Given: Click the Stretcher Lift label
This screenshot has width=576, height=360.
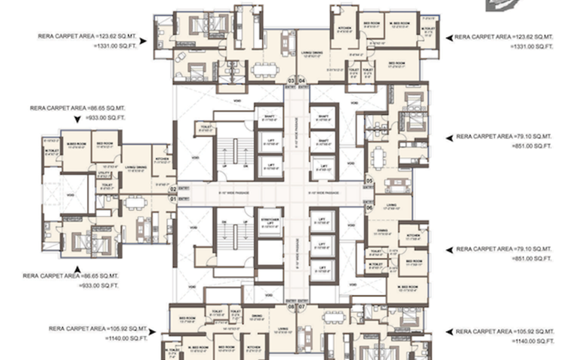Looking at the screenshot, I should pos(269,220).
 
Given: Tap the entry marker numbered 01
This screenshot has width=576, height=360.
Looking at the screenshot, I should pos(173,198).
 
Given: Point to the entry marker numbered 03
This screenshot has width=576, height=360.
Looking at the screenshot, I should pos(292,80).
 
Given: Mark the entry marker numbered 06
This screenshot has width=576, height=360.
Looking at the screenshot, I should pos(370,208).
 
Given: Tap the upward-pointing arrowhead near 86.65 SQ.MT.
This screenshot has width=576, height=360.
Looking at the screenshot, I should pos(76,269).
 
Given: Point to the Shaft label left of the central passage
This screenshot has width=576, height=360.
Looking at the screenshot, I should pos(269,118).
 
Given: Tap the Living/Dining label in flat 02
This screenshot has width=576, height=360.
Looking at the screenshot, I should pos(136,169).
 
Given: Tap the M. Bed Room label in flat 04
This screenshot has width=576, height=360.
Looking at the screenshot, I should pos(399,25).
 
